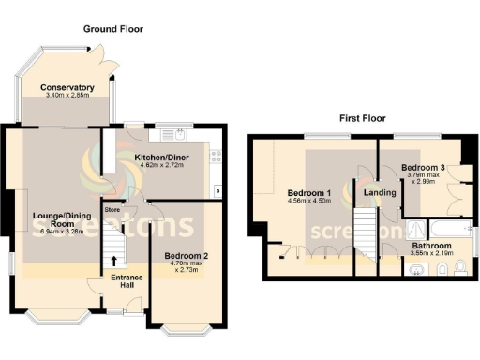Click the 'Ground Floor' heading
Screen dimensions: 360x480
coord(112,29)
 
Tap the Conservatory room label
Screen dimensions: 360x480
coord(67,88)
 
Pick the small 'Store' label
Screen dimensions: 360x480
coord(113,210)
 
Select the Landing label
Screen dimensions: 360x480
coord(379,193)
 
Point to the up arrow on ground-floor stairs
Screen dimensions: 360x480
coord(115,261)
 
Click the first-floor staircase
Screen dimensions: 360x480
coord(363,234)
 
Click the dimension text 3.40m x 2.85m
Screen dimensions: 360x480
coord(67,97)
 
